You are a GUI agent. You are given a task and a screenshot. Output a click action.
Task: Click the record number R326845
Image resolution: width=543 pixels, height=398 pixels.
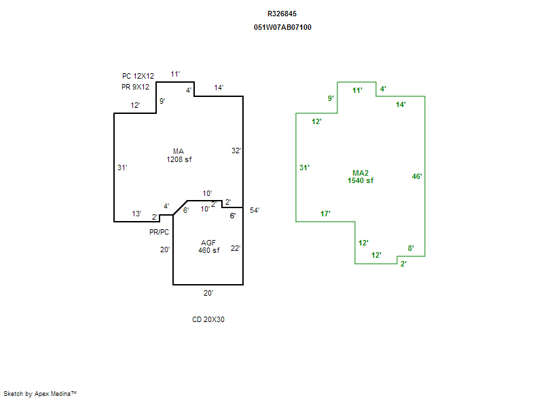pyautogui.click(x=282, y=14)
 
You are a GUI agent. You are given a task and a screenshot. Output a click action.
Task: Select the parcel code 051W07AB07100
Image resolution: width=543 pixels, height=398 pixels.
pyautogui.click(x=282, y=28)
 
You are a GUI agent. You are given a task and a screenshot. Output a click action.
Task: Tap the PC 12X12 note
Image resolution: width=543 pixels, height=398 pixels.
pyautogui.click(x=138, y=76)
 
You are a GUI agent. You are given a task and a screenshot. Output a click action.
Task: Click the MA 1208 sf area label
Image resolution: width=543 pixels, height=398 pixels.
pyautogui.click(x=179, y=155)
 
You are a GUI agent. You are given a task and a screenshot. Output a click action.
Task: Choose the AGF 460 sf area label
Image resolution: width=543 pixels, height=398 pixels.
pyautogui.click(x=209, y=246)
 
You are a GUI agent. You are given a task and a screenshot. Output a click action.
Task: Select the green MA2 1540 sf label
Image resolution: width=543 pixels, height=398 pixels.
pyautogui.click(x=360, y=176)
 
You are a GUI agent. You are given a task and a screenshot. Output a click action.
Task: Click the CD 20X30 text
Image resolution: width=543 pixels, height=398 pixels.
pyautogui.click(x=208, y=319)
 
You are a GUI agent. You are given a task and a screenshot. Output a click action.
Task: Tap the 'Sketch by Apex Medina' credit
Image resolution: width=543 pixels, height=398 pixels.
pyautogui.click(x=40, y=393)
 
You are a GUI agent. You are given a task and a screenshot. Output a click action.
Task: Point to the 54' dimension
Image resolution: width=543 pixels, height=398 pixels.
pyautogui.click(x=255, y=210)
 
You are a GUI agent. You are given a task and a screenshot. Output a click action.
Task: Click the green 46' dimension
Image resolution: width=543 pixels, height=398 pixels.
pyautogui.click(x=417, y=176)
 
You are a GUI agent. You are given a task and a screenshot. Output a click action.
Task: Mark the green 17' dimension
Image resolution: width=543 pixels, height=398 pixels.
pyautogui.click(x=325, y=214)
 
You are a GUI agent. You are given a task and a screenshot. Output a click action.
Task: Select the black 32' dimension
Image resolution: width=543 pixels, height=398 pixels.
pyautogui.click(x=236, y=151)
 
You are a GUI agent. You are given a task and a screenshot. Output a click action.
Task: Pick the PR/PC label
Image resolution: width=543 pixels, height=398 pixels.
pyautogui.click(x=160, y=231)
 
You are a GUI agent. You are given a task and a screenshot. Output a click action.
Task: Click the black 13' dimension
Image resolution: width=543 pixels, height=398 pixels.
pyautogui.click(x=136, y=214)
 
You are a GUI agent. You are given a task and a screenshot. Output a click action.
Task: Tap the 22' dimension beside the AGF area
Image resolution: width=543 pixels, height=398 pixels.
pyautogui.click(x=236, y=248)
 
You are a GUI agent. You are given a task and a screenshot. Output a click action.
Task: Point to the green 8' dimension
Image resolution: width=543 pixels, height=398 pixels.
pyautogui.click(x=411, y=248)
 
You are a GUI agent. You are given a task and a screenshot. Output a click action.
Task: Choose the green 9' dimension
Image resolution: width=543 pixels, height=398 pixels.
pyautogui.click(x=331, y=98)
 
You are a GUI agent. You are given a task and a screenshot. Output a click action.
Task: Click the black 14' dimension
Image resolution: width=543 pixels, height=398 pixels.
pyautogui.click(x=219, y=87)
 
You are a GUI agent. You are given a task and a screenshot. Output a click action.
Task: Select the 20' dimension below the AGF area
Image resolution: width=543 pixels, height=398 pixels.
pyautogui.click(x=208, y=293)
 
